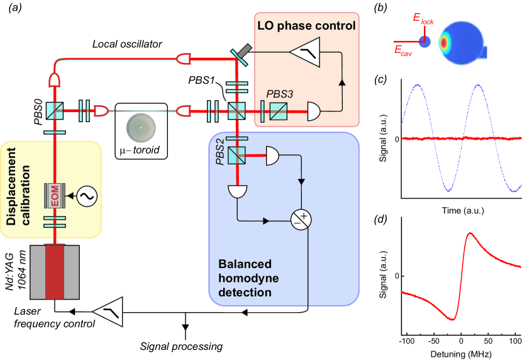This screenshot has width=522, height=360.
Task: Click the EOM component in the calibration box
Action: pos(55,197)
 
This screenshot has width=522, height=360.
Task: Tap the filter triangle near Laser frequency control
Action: pos(107,310)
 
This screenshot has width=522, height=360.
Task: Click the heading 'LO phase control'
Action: pos(306,26)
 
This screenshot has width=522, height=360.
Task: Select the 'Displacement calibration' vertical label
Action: pos(13,188)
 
